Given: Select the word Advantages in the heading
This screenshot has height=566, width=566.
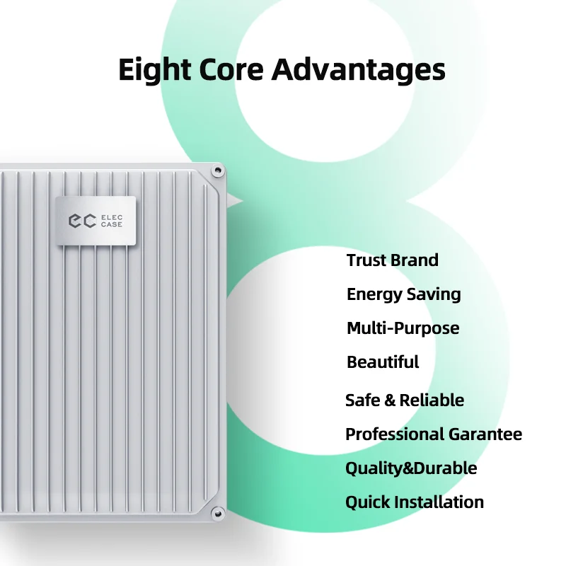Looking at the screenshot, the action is tap(359, 71).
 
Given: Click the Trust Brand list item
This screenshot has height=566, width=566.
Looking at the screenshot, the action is tap(393, 260).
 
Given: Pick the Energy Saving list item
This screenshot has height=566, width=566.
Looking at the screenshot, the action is tap(403, 294).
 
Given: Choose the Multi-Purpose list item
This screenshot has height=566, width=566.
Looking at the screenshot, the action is tap(403, 328).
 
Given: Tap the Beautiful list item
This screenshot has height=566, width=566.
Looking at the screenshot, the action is tap(383, 362).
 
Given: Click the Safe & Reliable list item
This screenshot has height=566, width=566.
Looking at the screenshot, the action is tap(405, 400).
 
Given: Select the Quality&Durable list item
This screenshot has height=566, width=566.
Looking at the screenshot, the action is tap(411, 468).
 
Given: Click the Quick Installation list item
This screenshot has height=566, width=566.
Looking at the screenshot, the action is tap(415, 502).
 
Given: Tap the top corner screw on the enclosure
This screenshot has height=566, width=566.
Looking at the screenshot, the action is tap(217, 171).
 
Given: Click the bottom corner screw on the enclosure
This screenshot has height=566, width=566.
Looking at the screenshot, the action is tap(217, 511).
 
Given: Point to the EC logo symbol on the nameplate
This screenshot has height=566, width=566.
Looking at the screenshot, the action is tap(81, 221).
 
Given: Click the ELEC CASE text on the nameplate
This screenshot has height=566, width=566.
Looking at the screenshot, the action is tap(112, 221).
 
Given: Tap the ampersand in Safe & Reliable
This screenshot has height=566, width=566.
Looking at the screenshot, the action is tap(390, 400).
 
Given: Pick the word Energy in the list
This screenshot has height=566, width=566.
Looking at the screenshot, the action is tap(370, 295).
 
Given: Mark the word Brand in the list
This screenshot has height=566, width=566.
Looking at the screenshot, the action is tap(415, 260).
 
